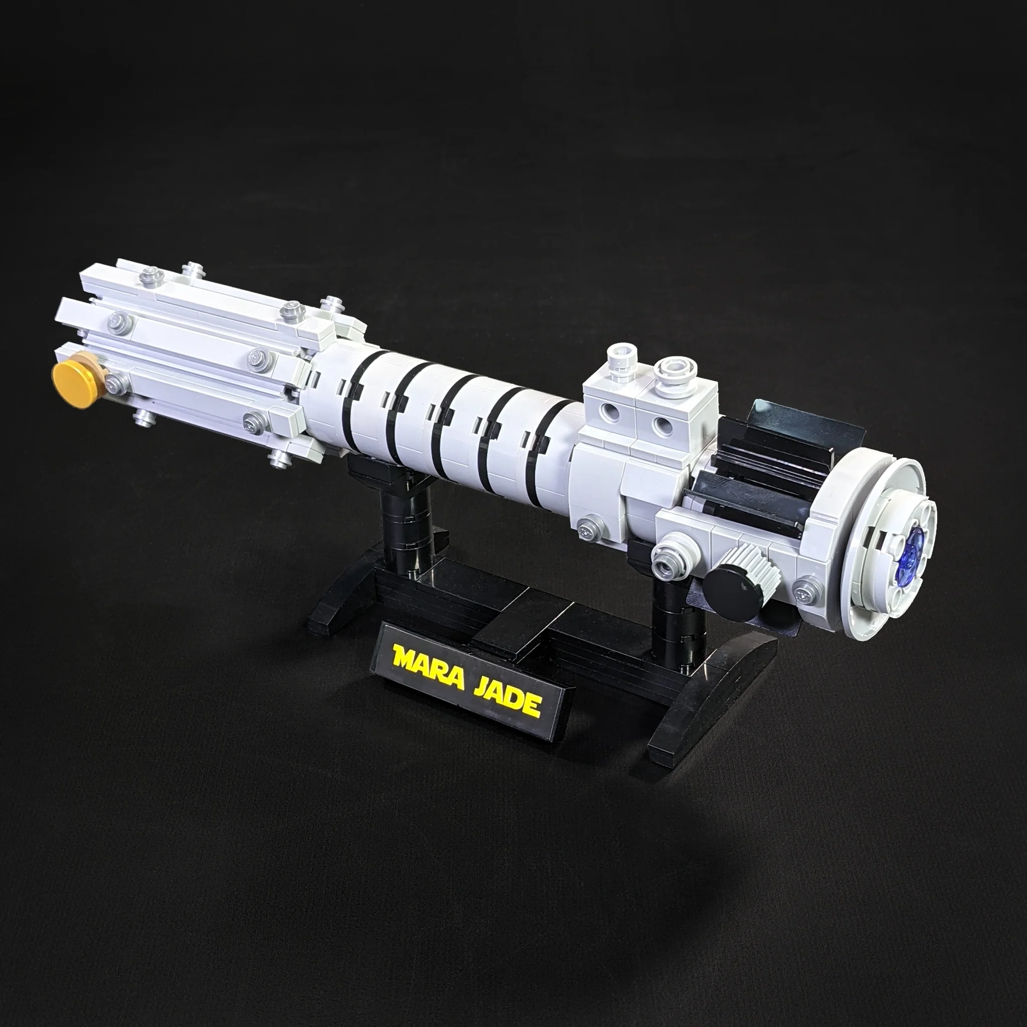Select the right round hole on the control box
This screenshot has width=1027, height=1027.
click(x=661, y=424)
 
